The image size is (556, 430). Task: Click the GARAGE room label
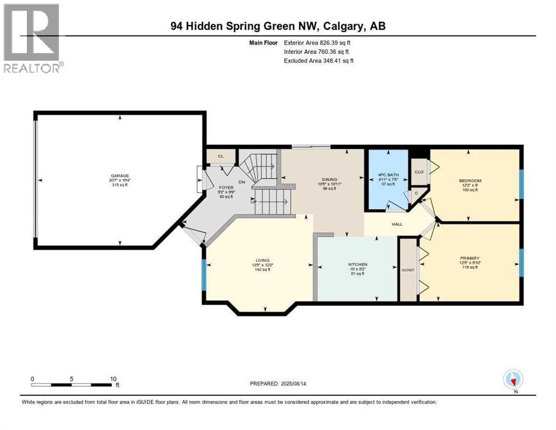coord(120,176)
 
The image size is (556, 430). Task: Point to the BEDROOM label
coord(470,180)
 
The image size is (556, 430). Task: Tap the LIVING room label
coord(263,260)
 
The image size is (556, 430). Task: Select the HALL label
coord(397,224)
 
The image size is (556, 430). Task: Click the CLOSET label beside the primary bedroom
coord(408,270)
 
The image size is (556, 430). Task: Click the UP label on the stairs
coord(254,202)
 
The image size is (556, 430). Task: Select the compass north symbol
coord(512,380)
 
